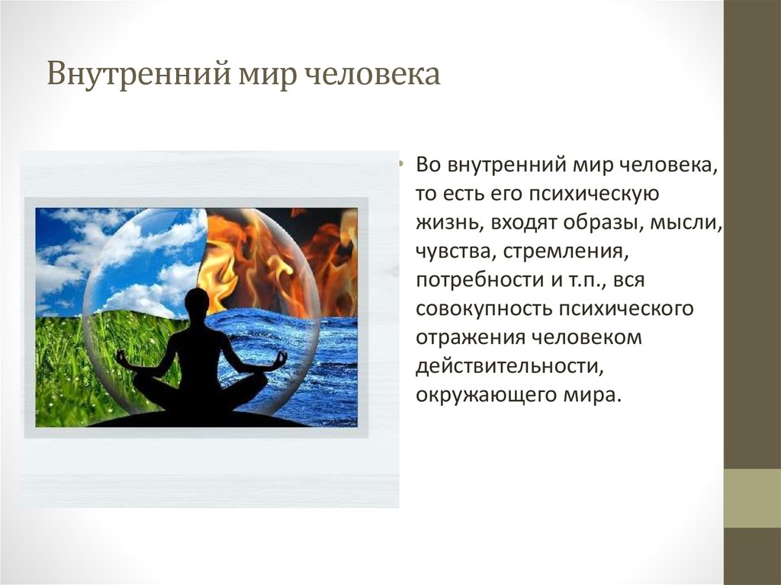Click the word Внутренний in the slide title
[x=139, y=74]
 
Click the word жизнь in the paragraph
[x=448, y=223]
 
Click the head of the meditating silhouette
[x=198, y=304]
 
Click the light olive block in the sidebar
[x=752, y=498]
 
